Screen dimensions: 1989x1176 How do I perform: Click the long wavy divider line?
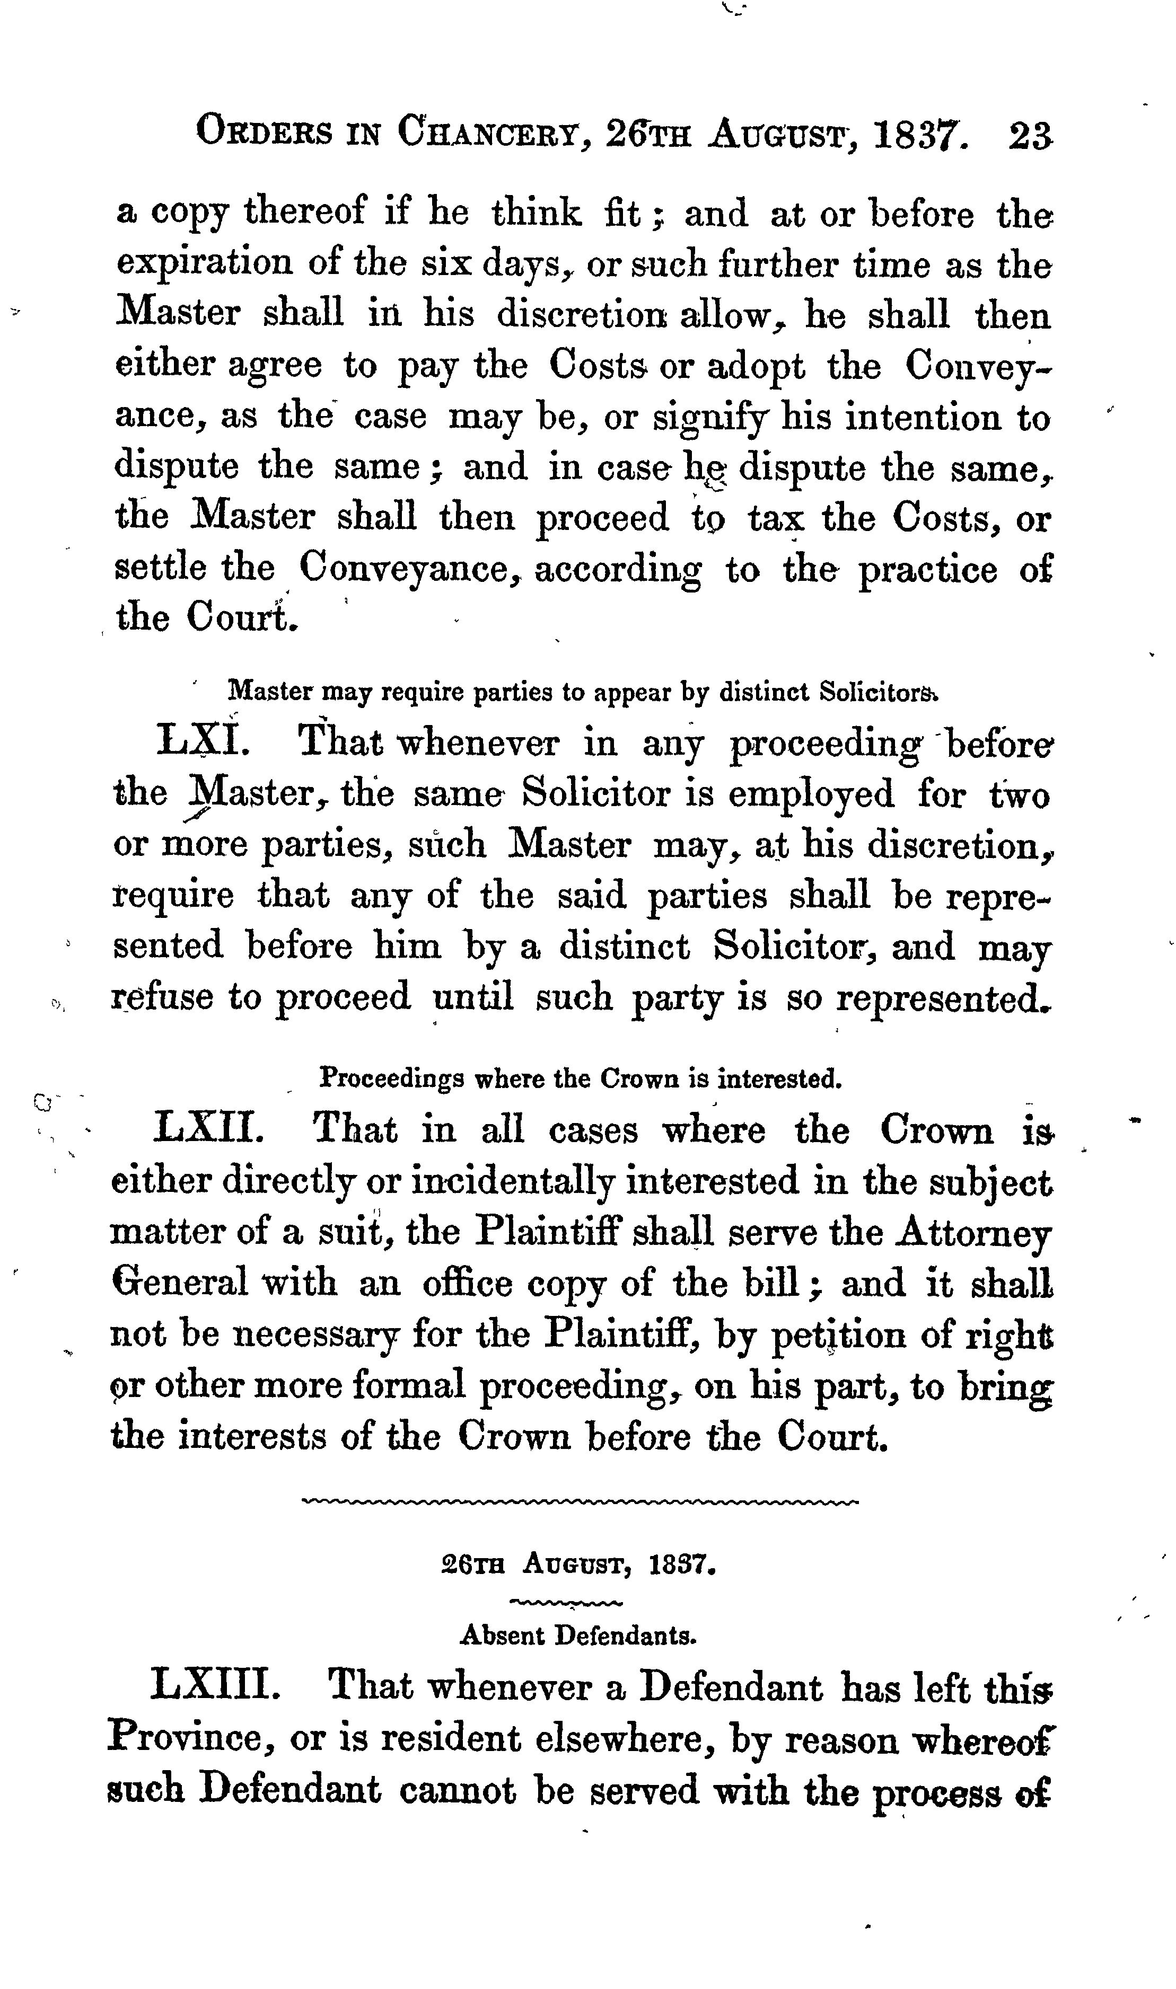click(580, 1500)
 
